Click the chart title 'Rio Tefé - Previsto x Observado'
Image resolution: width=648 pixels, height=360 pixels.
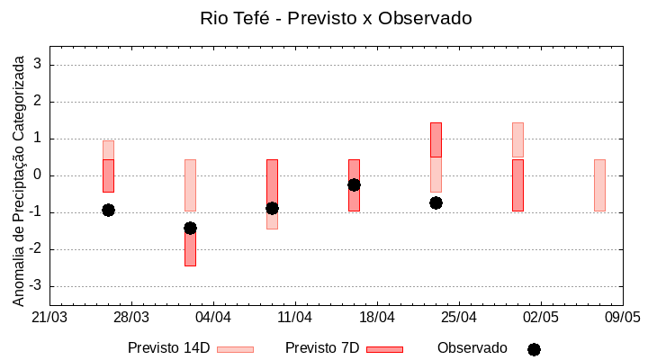[336, 18]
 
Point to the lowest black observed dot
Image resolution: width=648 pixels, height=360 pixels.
[190, 228]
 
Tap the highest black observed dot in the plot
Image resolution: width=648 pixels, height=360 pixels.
[354, 184]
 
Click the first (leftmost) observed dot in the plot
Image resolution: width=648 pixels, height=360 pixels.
[108, 210]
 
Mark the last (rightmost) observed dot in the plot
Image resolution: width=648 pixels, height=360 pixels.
[436, 202]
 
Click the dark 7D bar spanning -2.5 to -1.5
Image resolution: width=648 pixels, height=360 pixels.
[190, 249]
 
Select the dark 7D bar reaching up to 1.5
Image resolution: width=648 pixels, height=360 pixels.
[436, 139]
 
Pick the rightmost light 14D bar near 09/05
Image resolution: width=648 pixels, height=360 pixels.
[599, 184]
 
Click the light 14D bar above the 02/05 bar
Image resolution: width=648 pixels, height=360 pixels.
[517, 139]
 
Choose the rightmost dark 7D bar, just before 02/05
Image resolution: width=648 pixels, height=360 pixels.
[517, 184]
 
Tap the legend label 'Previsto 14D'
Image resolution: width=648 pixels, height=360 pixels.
[168, 348]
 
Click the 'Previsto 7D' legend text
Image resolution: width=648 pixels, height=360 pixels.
[321, 348]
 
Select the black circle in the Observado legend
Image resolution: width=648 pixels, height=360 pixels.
[534, 349]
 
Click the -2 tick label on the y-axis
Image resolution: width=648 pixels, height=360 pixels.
[37, 249]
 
